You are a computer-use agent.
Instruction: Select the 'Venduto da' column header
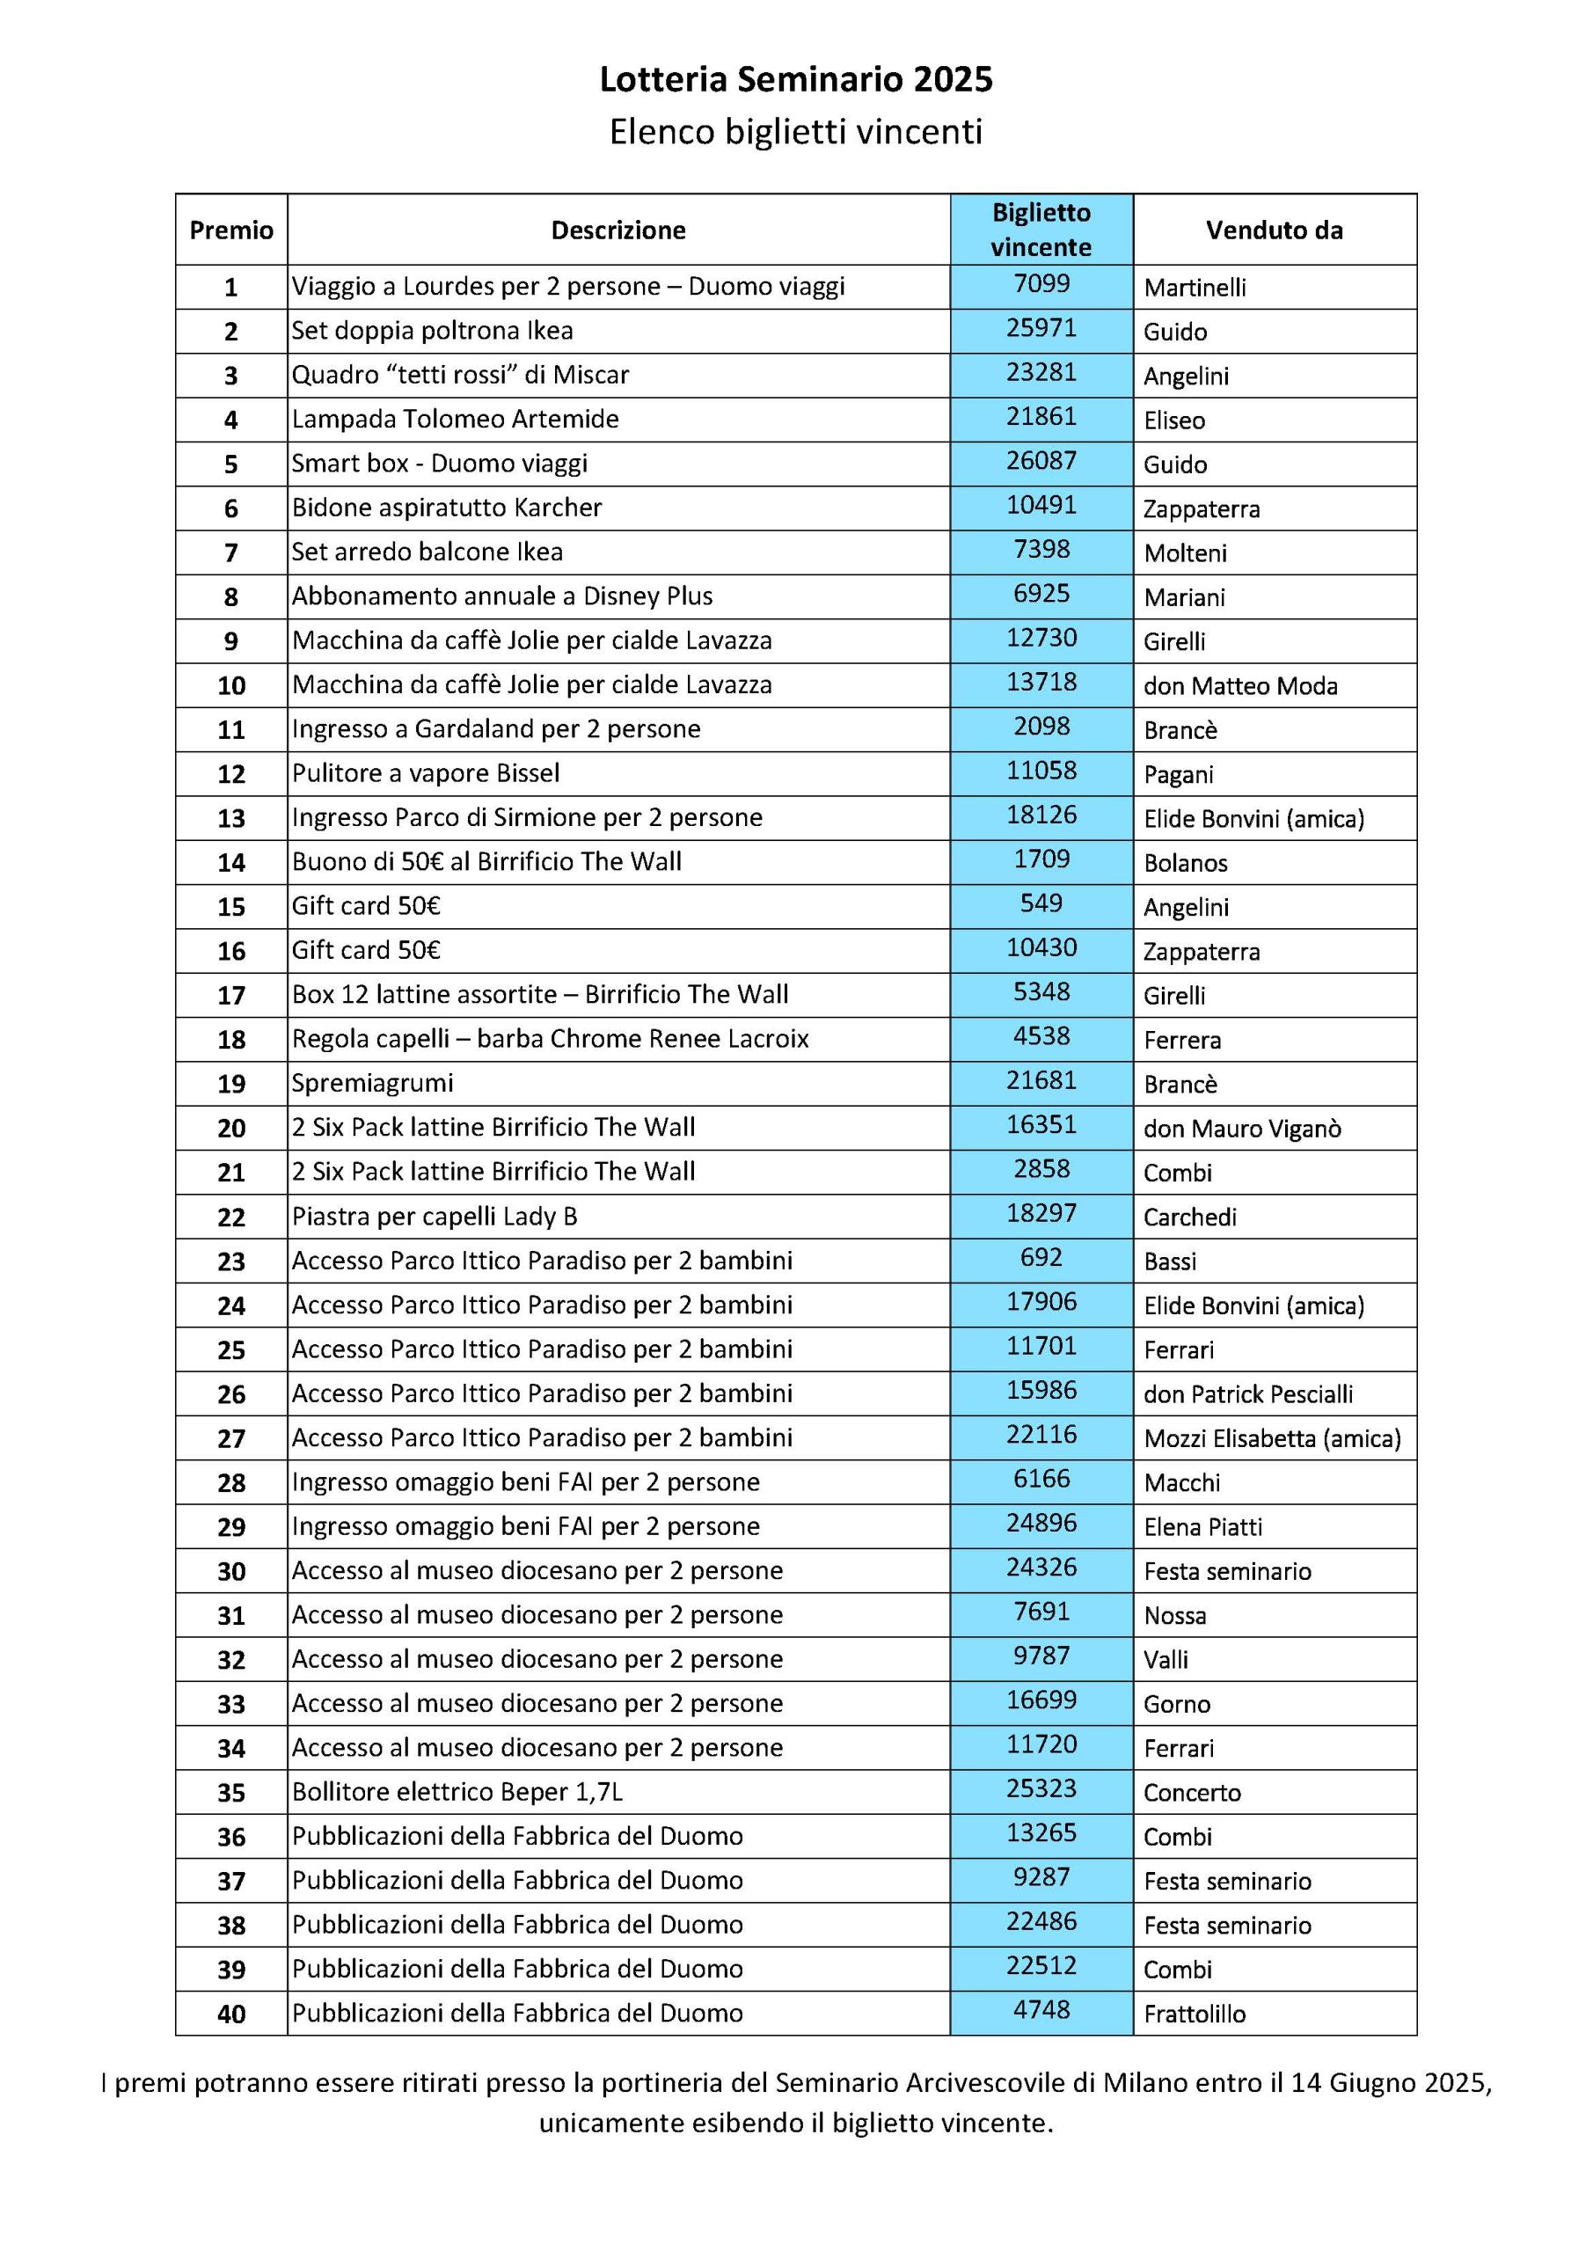(x=1275, y=230)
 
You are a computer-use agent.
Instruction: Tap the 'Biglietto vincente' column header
(x=1041, y=230)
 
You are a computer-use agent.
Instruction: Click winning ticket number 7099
(x=1041, y=284)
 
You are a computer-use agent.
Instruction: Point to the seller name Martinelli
(x=1195, y=288)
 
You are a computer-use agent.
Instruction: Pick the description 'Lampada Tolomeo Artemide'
(x=455, y=419)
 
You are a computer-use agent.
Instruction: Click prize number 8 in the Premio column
(x=230, y=597)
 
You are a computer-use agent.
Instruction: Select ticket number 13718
(x=1041, y=682)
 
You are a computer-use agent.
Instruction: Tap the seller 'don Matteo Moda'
(x=1240, y=685)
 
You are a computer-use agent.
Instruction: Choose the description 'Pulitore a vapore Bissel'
(x=426, y=773)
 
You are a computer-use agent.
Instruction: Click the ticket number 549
(x=1041, y=903)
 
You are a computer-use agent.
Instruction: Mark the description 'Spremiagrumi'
(x=373, y=1083)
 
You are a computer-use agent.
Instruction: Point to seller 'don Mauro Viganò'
(x=1242, y=1129)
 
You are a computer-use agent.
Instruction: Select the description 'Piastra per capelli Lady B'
(x=435, y=1217)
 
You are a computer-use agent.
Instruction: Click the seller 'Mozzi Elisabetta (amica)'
(x=1272, y=1439)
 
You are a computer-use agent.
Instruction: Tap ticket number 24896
(x=1041, y=1524)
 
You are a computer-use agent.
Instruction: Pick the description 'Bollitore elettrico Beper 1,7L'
(x=457, y=1792)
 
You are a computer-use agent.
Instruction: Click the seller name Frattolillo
(x=1195, y=2014)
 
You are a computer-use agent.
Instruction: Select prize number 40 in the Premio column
(x=230, y=2014)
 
